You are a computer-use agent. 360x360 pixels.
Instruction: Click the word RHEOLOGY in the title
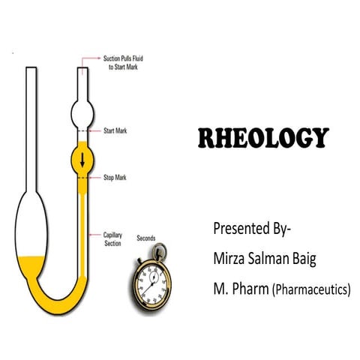point(264,138)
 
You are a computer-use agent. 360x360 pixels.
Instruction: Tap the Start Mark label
point(115,130)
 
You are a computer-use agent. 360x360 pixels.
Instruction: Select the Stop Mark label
point(115,178)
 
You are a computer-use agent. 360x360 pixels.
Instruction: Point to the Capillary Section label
point(112,239)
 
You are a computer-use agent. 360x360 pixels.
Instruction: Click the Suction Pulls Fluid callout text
point(123,63)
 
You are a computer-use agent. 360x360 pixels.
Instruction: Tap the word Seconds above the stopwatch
point(146,238)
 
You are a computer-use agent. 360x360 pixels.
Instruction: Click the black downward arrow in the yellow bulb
point(82,160)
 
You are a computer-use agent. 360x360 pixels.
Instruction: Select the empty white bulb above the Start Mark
point(82,114)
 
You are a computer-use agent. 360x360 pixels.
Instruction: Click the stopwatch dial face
point(152,284)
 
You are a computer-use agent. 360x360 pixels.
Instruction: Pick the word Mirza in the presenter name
point(229,259)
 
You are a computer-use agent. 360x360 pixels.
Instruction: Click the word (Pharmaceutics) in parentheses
point(311,289)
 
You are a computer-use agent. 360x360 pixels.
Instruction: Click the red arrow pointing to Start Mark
point(95,130)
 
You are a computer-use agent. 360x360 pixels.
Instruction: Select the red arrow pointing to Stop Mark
point(95,178)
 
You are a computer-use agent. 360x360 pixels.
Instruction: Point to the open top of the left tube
point(31,67)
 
